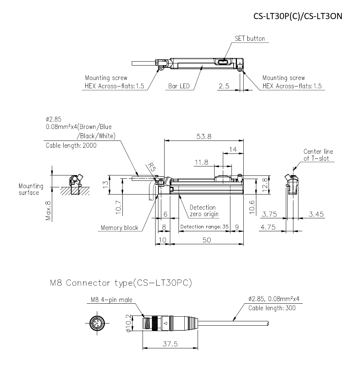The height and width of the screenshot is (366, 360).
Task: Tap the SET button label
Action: [x=249, y=39]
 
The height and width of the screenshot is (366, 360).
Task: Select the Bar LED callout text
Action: [x=179, y=86]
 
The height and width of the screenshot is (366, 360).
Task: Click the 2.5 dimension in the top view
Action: [x=224, y=86]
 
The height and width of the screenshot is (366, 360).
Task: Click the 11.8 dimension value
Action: [x=201, y=162]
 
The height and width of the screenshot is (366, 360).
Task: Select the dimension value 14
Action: [x=233, y=149]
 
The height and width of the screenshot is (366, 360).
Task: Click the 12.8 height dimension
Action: [x=266, y=186]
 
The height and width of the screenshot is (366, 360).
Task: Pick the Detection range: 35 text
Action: [x=204, y=227]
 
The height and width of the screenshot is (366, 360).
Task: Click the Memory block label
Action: [x=120, y=228]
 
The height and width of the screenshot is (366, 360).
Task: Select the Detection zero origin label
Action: [x=204, y=211]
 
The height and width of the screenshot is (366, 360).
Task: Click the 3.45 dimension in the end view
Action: [x=316, y=214]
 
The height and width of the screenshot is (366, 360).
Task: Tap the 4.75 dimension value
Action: [x=269, y=227]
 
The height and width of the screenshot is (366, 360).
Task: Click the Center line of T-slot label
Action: [x=318, y=155]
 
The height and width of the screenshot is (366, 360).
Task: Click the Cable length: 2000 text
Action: [x=71, y=146]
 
